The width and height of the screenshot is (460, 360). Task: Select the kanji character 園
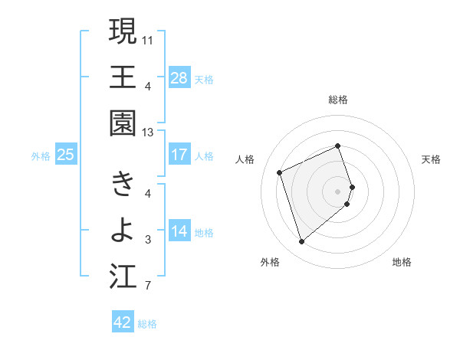(123, 123)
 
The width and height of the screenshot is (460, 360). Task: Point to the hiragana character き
(123, 184)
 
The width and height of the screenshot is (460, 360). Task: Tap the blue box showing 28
(179, 77)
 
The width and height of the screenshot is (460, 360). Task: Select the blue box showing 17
(179, 155)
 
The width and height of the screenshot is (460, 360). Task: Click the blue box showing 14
(179, 231)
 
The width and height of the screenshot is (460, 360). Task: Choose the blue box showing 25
(65, 155)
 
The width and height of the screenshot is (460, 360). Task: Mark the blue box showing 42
(123, 322)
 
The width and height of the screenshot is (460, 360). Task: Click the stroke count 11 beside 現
(148, 38)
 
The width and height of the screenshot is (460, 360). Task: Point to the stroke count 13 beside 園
(148, 132)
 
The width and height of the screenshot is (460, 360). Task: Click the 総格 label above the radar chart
(338, 100)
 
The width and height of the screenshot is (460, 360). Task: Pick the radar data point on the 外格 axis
(301, 242)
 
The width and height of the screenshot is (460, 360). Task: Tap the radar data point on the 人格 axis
(280, 172)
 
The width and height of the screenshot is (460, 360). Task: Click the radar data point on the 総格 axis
(338, 146)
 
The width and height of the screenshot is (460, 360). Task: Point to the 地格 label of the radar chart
(402, 262)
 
